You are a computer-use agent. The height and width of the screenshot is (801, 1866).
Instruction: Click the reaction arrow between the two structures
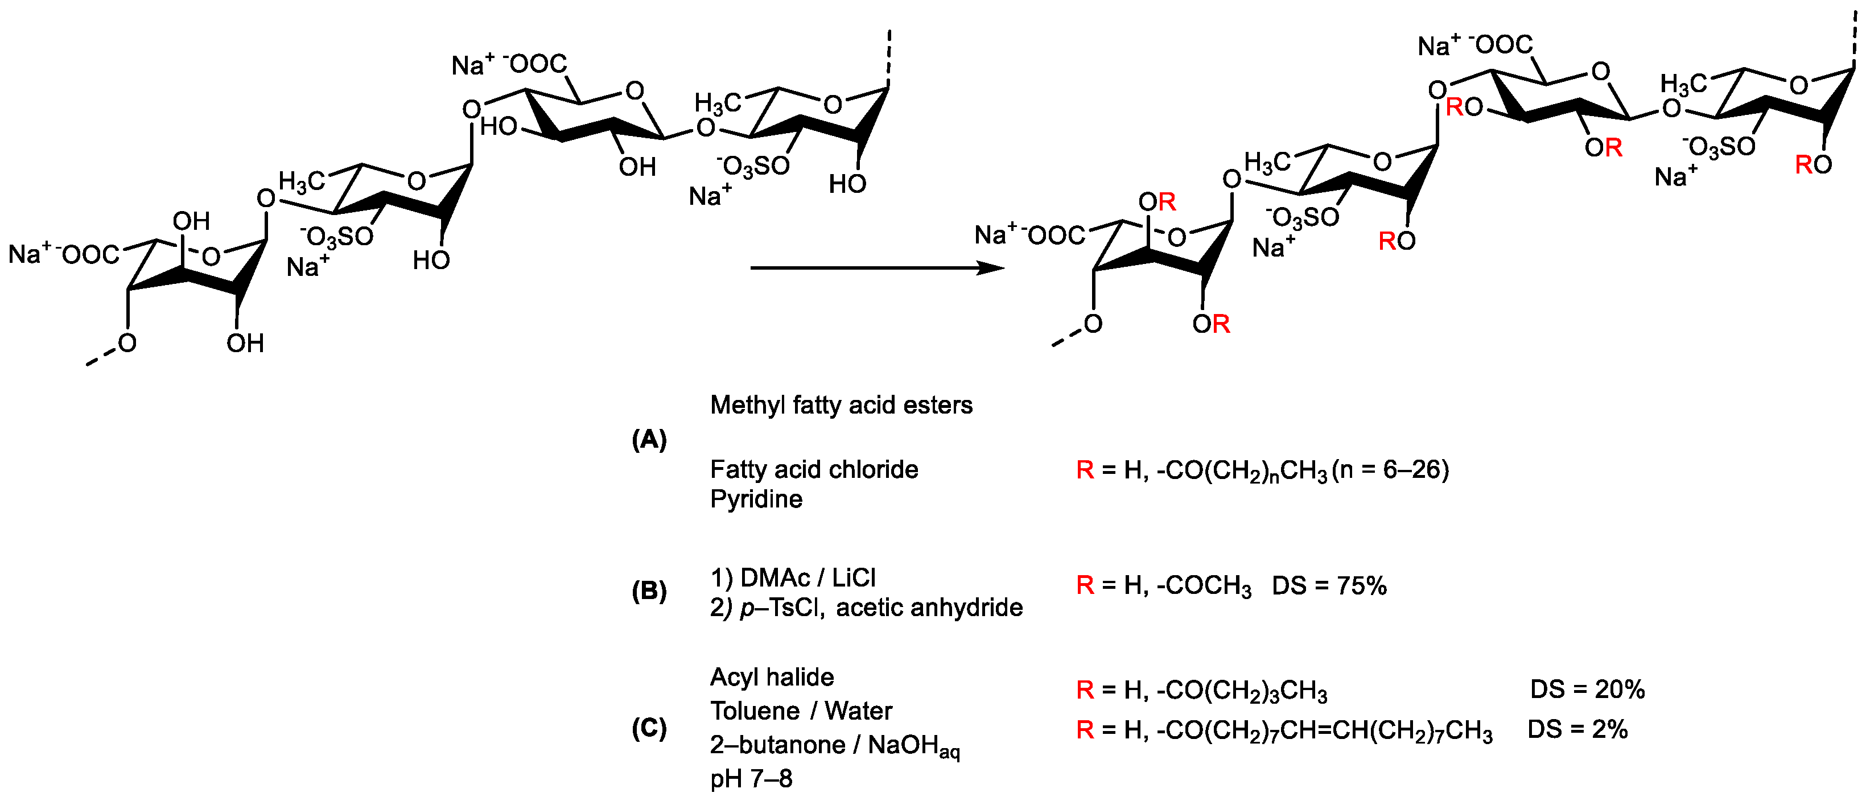(x=876, y=268)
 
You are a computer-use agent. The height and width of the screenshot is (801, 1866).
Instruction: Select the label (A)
(x=649, y=440)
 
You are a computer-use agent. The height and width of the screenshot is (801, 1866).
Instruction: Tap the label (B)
(x=649, y=592)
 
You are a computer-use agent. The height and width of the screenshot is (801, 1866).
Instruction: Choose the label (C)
(x=649, y=728)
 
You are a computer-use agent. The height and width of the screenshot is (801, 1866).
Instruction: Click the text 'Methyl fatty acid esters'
(x=841, y=405)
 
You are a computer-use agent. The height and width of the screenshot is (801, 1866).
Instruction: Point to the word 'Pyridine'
(x=756, y=499)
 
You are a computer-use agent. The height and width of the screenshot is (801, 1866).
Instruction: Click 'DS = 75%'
(x=1329, y=585)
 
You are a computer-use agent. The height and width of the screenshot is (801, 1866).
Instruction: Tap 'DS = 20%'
(x=1587, y=689)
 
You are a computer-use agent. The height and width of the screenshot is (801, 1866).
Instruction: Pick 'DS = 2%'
(x=1577, y=729)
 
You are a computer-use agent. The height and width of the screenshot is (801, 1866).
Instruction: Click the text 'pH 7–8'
(x=751, y=779)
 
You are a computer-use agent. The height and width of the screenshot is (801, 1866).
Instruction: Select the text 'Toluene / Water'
(x=801, y=711)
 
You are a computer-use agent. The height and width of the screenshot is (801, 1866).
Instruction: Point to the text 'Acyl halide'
(x=772, y=677)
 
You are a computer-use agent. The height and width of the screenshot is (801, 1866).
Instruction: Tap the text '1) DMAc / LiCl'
(x=793, y=578)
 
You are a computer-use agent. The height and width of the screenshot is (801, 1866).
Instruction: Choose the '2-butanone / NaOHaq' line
(x=834, y=745)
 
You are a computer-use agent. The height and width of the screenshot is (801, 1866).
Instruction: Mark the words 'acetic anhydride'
(x=929, y=608)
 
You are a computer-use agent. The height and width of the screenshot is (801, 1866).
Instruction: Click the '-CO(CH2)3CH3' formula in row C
(x=1242, y=690)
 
